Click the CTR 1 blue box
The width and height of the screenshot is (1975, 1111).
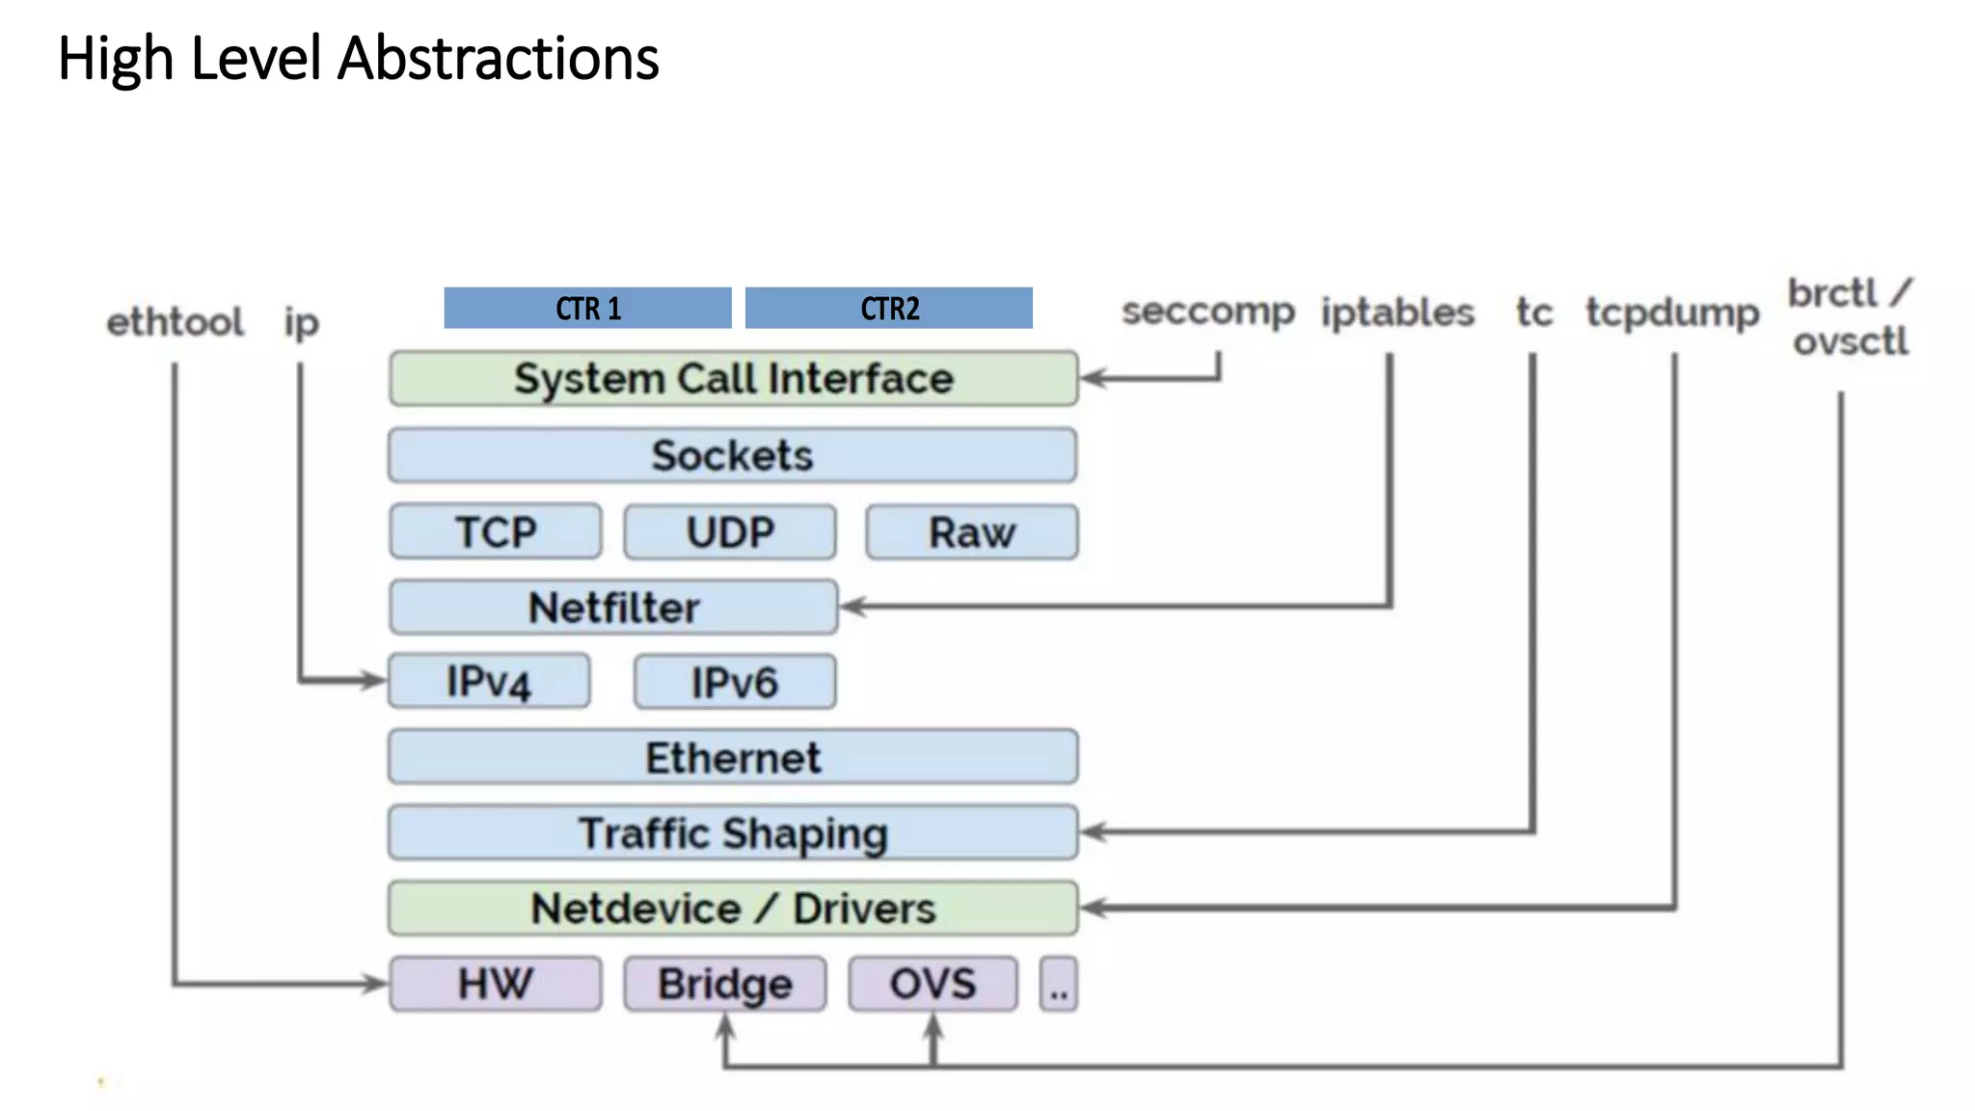(587, 308)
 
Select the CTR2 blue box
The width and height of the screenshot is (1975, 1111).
(888, 308)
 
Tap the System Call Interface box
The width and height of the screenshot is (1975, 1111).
(733, 378)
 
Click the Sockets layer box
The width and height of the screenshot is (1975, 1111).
(733, 455)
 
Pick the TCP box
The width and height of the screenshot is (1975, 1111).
(496, 531)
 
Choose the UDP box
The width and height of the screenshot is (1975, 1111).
(730, 531)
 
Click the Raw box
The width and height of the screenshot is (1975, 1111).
(971, 531)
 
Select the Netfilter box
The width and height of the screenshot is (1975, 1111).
(613, 607)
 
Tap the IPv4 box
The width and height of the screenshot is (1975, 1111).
(489, 682)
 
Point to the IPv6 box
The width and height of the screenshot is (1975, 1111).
(735, 682)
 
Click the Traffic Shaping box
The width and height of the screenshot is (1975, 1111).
(733, 832)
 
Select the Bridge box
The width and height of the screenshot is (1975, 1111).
(725, 984)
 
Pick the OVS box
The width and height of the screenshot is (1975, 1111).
(933, 984)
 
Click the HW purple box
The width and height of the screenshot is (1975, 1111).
(496, 984)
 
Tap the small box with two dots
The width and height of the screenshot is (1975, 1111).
(1059, 985)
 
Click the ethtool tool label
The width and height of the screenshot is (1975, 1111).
(175, 322)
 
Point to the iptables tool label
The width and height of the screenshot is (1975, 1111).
(1397, 312)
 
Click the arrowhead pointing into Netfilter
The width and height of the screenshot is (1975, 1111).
(852, 607)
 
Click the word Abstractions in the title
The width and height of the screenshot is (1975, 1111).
(498, 58)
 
